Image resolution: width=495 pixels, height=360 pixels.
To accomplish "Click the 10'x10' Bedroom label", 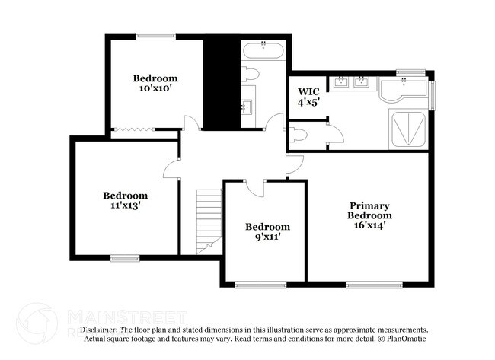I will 155,82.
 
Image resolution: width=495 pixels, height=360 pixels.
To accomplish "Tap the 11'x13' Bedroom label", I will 126,200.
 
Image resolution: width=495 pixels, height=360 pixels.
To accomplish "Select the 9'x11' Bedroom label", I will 267,231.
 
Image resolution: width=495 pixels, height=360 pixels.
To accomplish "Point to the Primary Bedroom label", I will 369,215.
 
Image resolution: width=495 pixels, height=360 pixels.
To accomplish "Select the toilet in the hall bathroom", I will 251,75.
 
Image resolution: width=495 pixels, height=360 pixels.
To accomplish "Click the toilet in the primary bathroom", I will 299,137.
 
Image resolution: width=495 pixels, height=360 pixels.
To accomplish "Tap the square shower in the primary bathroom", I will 409,127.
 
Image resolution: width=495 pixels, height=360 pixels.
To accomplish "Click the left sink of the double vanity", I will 342,82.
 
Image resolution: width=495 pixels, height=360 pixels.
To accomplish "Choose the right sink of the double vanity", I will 362,82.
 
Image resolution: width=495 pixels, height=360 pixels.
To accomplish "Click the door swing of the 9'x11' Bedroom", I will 255,187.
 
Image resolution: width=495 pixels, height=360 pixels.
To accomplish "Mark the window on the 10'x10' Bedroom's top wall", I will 156,35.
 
